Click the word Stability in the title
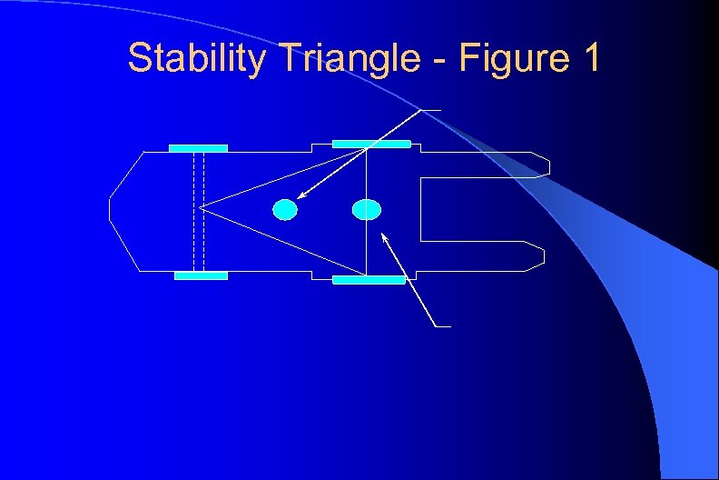coord(196,58)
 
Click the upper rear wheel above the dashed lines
coord(198,148)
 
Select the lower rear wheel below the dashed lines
coord(201,275)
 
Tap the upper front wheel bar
coord(371,144)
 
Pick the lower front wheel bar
coord(369,280)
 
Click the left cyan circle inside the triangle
coord(285,209)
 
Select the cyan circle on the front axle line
coord(366,209)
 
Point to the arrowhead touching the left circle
coord(300,195)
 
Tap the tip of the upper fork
coord(547,165)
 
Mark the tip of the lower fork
coord(542,255)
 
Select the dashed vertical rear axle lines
coord(199,209)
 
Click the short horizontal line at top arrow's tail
coord(432,110)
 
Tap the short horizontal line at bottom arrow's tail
coord(441,325)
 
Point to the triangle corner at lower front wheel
coord(366,275)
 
